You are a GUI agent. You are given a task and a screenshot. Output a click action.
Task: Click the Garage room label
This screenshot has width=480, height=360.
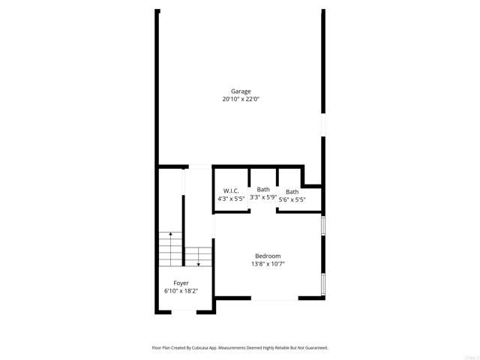click(x=240, y=91)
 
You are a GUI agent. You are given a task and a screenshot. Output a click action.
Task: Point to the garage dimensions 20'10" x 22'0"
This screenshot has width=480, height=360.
click(x=240, y=99)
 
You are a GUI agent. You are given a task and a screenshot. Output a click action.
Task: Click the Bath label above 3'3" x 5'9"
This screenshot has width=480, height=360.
click(x=263, y=189)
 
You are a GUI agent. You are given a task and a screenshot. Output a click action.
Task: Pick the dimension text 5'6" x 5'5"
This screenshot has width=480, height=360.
click(x=292, y=199)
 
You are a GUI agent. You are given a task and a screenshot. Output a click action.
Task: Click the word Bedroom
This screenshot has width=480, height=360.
click(x=267, y=256)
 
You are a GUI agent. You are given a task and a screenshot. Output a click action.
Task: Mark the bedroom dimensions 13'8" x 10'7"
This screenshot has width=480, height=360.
click(x=267, y=263)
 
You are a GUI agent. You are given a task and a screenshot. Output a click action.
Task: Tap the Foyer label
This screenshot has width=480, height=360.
click(x=181, y=283)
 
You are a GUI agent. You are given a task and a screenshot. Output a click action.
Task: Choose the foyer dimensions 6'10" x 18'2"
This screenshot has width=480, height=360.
click(x=181, y=291)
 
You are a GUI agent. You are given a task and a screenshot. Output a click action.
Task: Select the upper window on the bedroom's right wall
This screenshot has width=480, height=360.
click(x=323, y=226)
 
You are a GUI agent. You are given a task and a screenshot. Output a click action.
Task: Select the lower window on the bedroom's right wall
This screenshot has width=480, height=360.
click(x=323, y=283)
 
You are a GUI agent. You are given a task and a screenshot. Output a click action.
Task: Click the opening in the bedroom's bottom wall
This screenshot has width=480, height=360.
click(x=263, y=298)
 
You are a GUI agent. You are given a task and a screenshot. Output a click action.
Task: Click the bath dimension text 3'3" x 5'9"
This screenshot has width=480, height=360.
click(x=263, y=197)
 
